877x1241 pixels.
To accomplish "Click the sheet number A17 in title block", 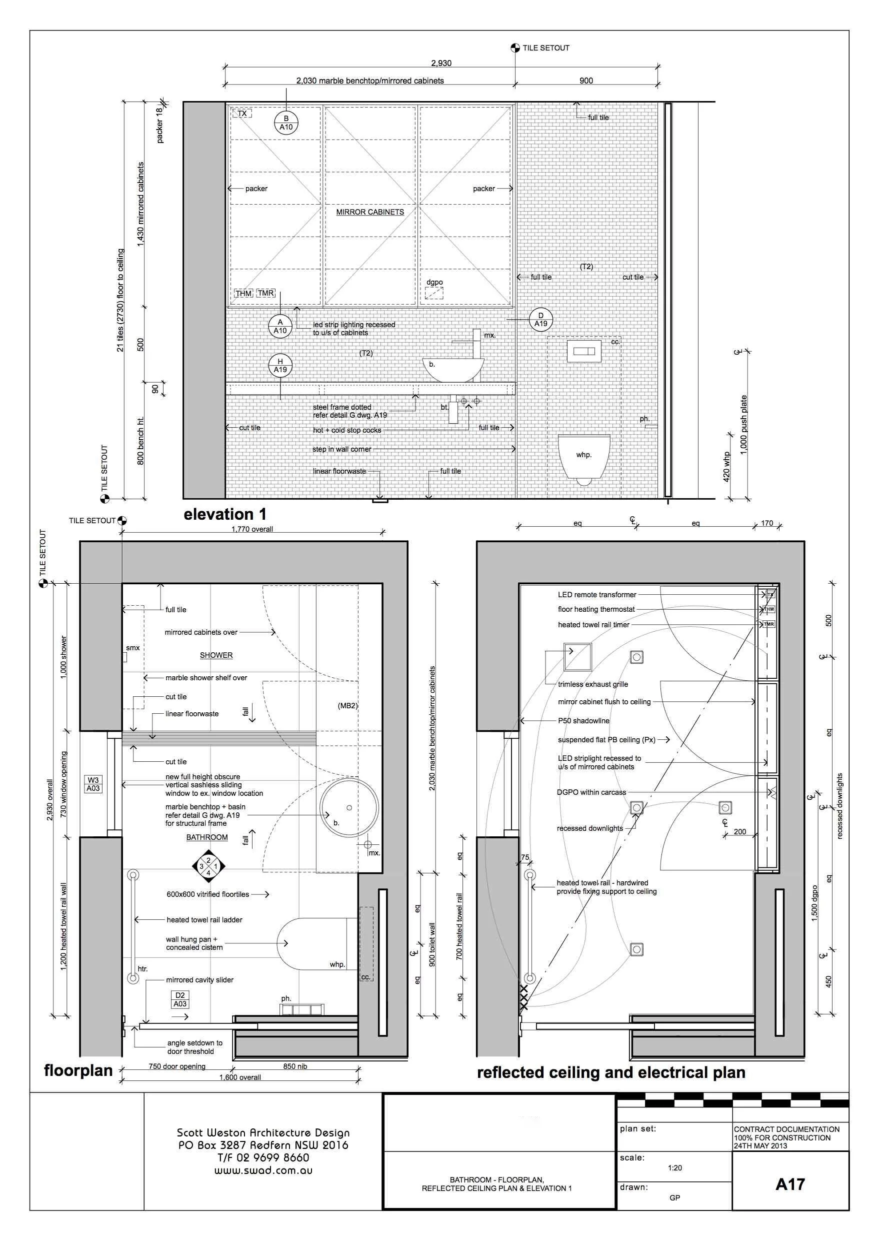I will (x=789, y=1184).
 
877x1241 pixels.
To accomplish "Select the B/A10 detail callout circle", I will (x=286, y=123).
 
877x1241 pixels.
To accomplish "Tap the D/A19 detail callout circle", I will (x=540, y=320).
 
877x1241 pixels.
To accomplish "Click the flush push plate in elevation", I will (x=583, y=351).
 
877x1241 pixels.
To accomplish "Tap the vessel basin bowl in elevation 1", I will (x=453, y=370).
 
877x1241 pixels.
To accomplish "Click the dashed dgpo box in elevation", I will (x=434, y=293).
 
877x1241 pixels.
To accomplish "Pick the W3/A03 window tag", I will (x=93, y=784).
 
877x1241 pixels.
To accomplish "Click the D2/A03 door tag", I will (x=180, y=999).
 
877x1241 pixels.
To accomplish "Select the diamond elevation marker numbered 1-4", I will (x=208, y=866).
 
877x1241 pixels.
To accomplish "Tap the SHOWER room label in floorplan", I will (x=216, y=655).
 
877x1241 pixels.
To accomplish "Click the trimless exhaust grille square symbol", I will (x=577, y=656).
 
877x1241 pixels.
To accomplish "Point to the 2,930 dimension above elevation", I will (x=441, y=63).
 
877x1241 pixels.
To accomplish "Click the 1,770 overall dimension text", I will (x=252, y=529).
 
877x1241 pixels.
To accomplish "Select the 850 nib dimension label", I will (x=296, y=1066).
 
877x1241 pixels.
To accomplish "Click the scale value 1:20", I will (x=674, y=1167).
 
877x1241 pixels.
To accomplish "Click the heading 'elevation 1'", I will (x=225, y=514).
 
